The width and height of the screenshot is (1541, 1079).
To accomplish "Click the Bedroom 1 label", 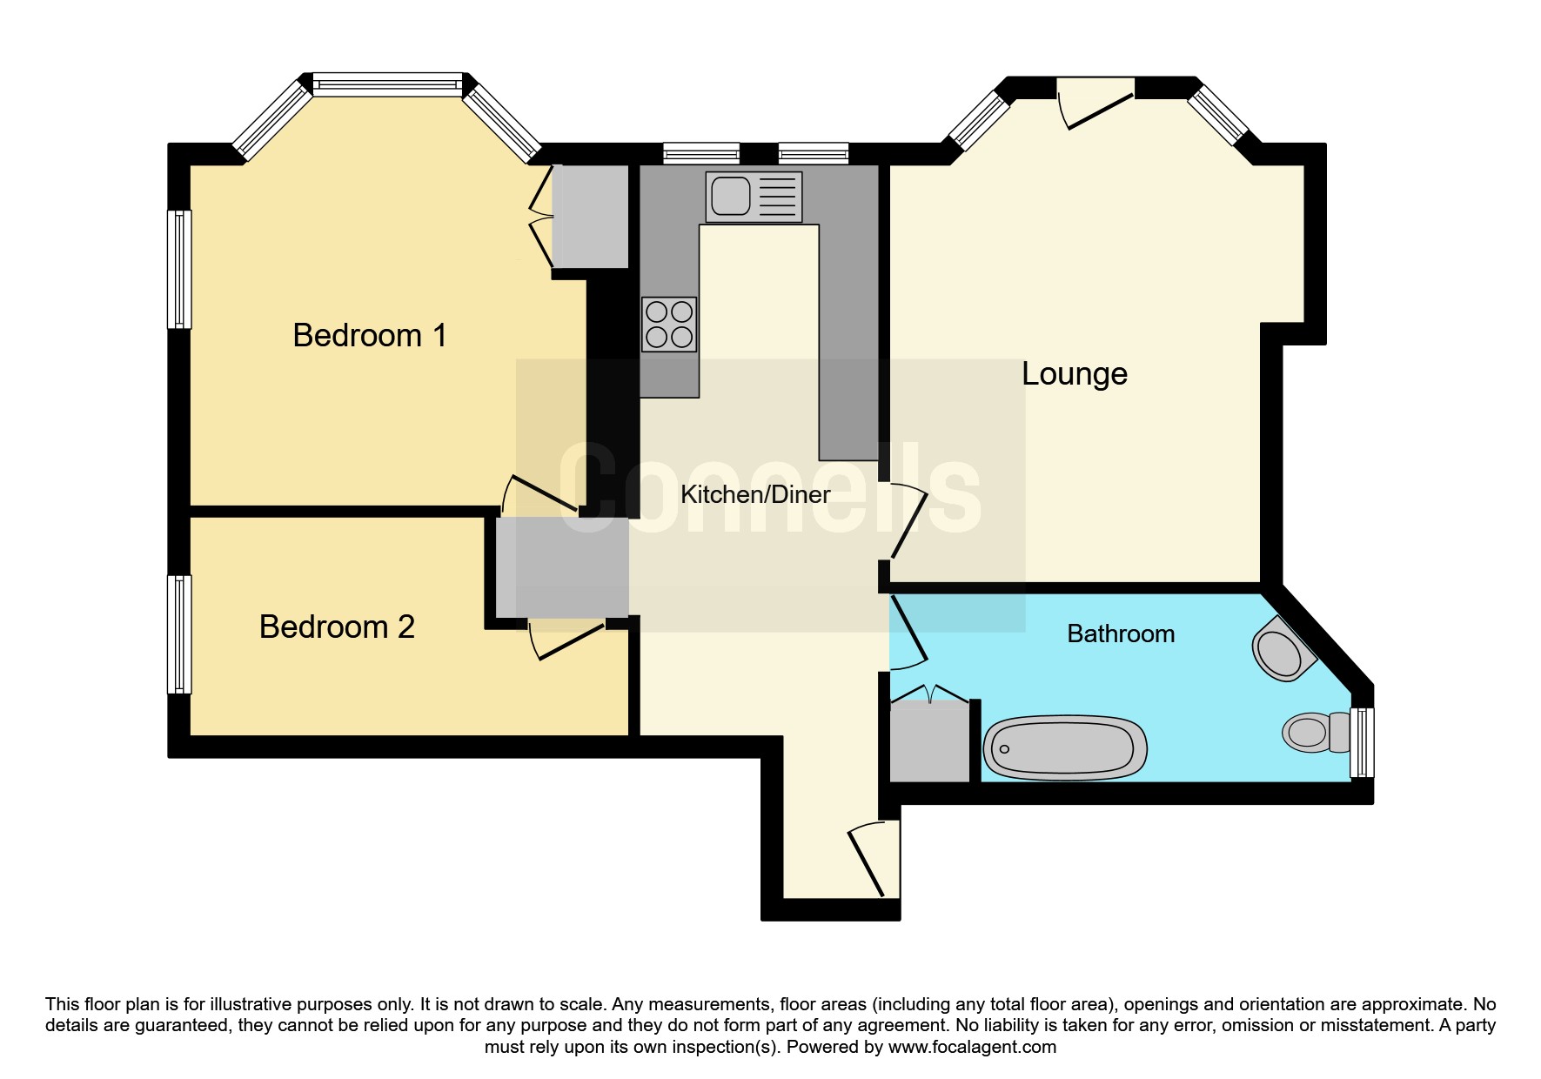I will coord(370,335).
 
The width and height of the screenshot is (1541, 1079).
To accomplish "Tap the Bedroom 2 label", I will coord(337,627).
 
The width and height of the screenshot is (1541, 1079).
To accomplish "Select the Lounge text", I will coord(1075,373).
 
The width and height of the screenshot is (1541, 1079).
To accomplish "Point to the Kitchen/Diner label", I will coord(755,494).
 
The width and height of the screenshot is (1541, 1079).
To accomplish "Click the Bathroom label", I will coord(1121,633).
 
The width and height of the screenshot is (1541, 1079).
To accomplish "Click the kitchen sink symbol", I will coord(754,197).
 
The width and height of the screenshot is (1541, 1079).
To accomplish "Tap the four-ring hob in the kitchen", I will coord(669,324).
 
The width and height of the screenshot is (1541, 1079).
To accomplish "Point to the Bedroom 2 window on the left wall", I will coord(179,633).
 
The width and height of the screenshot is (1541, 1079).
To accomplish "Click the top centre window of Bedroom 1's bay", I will coord(388,84).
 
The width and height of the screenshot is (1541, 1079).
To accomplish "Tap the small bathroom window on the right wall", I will coord(1362,742).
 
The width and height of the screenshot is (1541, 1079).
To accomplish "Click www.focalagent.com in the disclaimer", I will coord(972,1047).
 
